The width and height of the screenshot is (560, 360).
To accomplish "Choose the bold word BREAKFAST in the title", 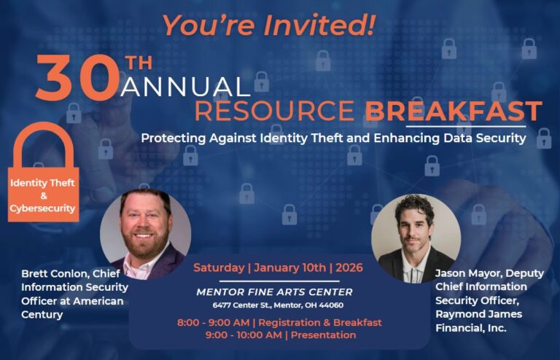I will (x=454, y=111).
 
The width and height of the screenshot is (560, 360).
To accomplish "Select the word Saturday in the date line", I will (x=217, y=268).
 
